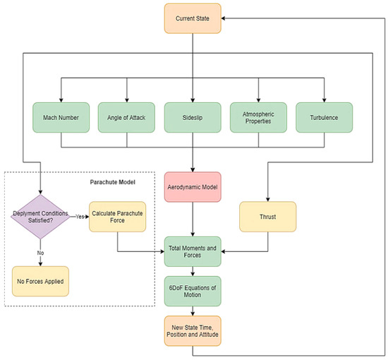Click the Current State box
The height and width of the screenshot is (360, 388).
click(x=193, y=18)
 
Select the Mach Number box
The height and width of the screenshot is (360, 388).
click(x=60, y=117)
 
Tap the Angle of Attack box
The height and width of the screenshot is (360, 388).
click(x=126, y=117)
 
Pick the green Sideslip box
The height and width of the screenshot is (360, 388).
click(x=193, y=117)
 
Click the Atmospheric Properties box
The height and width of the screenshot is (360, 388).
click(x=258, y=117)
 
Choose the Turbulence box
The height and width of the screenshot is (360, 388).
click(x=324, y=117)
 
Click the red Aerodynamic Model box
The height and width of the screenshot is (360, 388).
click(x=193, y=189)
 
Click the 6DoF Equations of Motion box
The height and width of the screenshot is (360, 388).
click(x=193, y=290)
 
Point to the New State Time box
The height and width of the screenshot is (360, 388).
click(x=193, y=330)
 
